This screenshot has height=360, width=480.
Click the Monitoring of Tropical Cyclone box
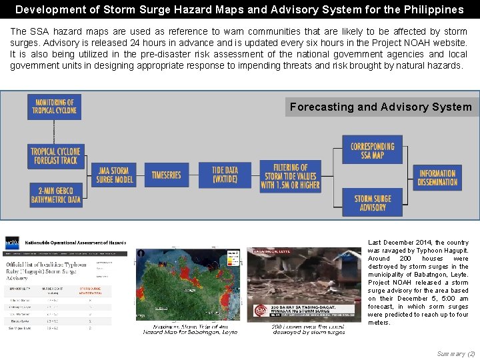[54, 107]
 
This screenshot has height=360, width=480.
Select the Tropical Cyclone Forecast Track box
[54, 156]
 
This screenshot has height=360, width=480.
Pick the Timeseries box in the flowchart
[166, 175]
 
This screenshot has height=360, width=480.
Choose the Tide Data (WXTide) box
[225, 175]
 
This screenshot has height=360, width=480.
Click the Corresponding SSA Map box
[372, 150]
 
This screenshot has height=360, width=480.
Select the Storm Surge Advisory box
[372, 203]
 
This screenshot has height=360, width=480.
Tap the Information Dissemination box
[437, 177]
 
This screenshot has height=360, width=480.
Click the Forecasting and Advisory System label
[381, 107]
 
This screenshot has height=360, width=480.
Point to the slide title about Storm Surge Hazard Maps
[239, 9]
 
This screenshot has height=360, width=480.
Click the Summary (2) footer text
[456, 353]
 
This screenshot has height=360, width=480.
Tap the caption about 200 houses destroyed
[308, 329]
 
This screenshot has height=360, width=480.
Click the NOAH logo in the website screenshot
[12, 243]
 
